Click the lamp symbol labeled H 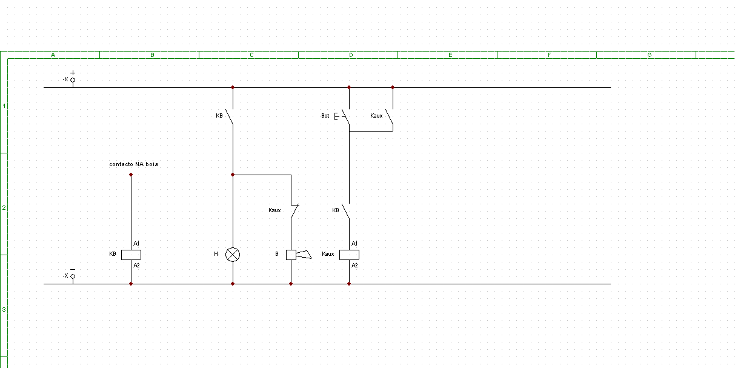coord(233,255)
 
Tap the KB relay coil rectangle coord(131,255)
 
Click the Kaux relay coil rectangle coord(349,255)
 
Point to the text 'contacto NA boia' coord(133,164)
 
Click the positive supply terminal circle coord(73,80)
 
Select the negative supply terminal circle coord(73,276)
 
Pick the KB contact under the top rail coord(231,118)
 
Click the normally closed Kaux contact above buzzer coord(294,211)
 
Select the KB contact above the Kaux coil coord(347,211)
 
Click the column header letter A coord(53,55)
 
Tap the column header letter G coord(649,55)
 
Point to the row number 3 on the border coord(4,309)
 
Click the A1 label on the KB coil coord(136,243)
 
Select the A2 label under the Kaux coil coord(354,266)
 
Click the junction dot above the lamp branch coord(233,175)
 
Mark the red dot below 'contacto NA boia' coord(131,175)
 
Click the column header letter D coord(351,55)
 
